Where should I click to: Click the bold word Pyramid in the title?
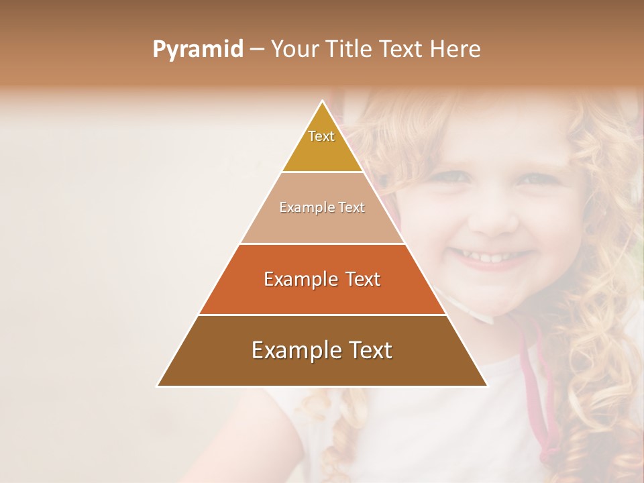(198, 50)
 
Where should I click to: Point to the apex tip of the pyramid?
(323, 102)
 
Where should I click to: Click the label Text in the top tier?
(321, 136)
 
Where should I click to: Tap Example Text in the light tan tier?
(322, 207)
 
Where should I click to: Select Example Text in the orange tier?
(322, 279)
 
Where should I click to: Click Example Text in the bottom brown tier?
(322, 350)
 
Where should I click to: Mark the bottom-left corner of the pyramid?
(158, 386)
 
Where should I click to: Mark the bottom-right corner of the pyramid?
(487, 386)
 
